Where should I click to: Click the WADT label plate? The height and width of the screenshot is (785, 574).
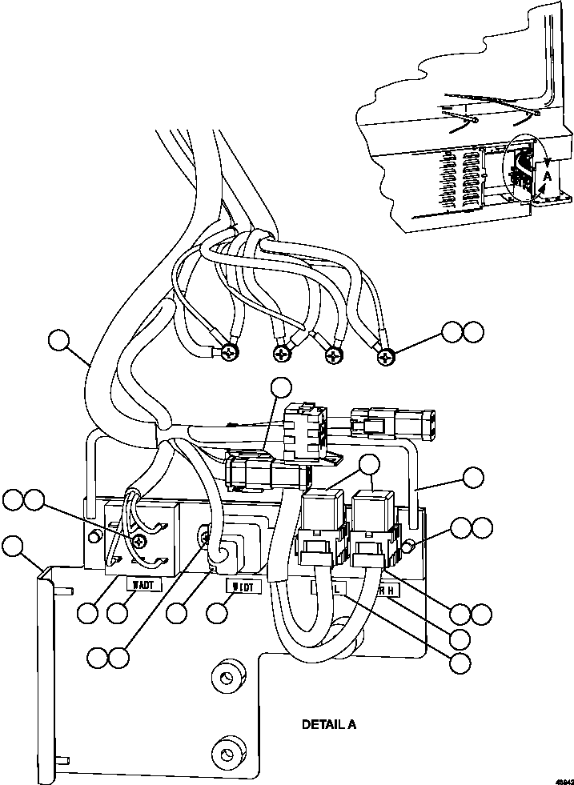tap(145, 584)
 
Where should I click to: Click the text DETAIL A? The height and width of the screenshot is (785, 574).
tap(328, 725)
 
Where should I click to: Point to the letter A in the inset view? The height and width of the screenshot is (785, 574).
tap(547, 174)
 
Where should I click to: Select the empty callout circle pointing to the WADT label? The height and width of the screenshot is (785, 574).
tap(118, 615)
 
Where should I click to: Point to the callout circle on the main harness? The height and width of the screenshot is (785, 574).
tap(58, 339)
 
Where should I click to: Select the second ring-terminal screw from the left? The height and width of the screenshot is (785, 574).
tap(281, 353)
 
